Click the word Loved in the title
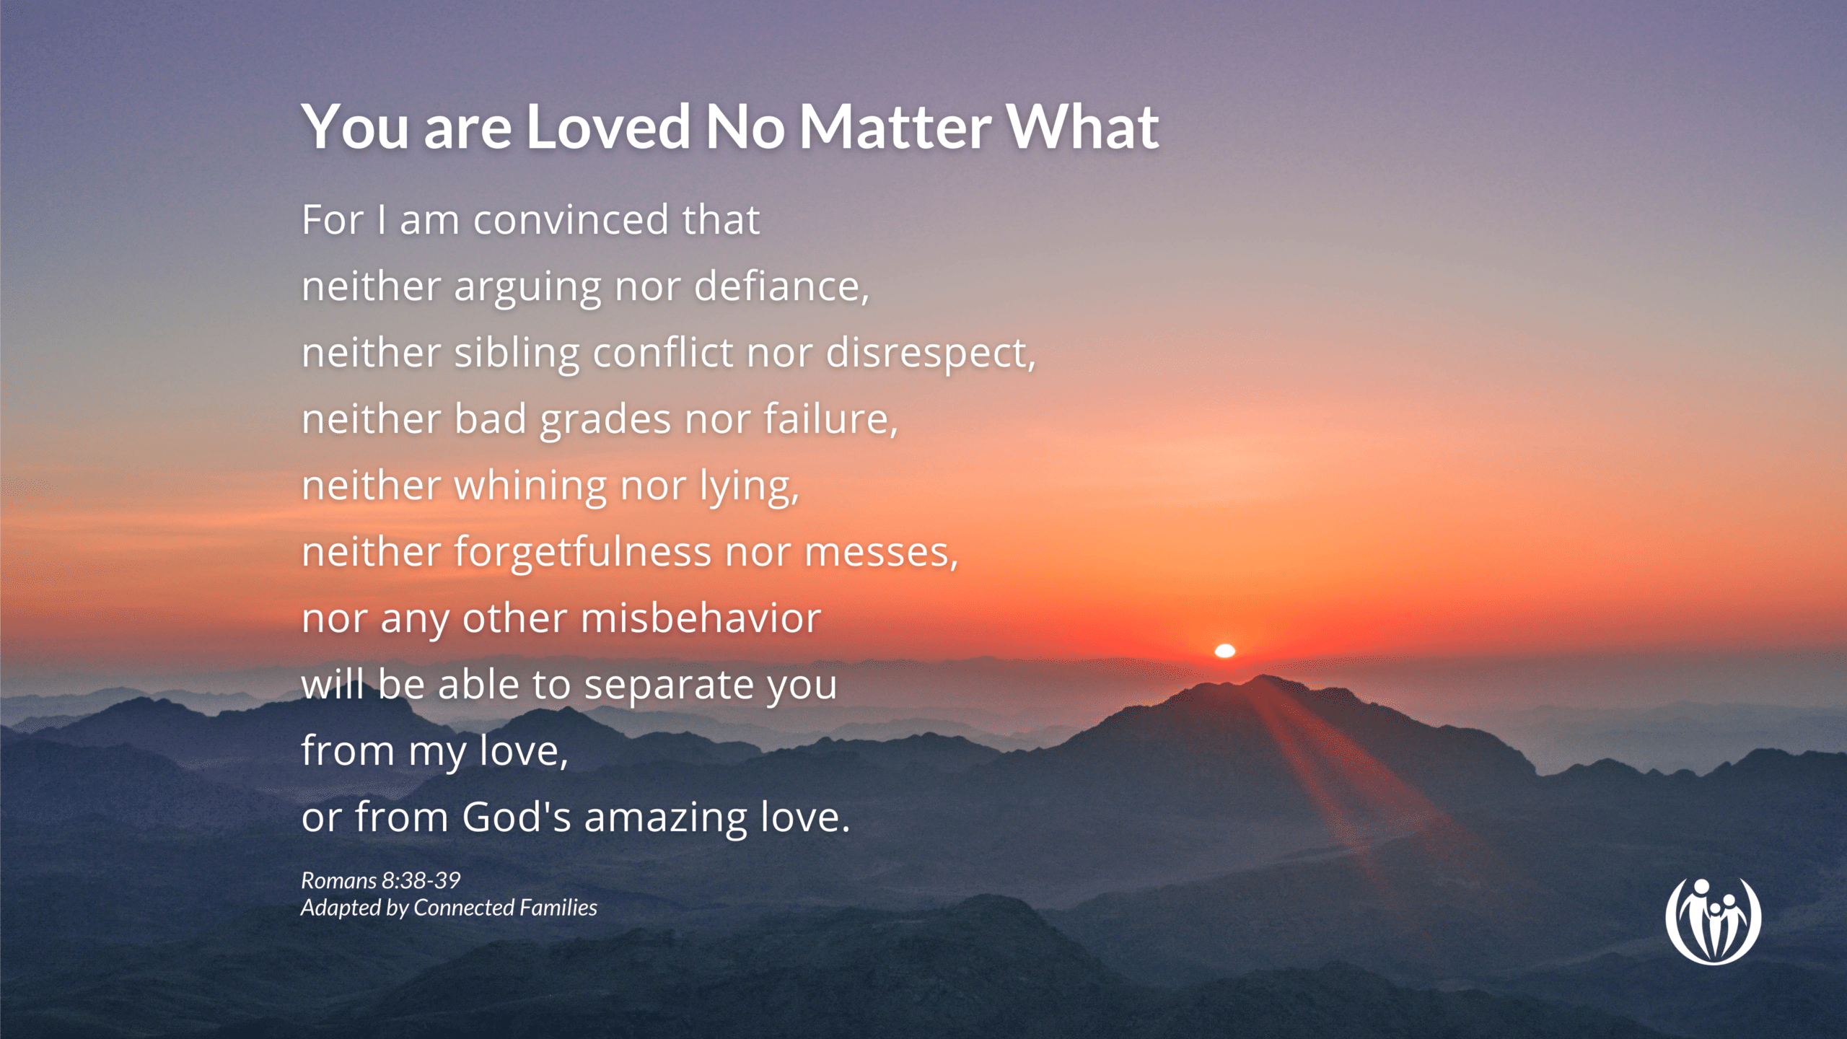click(607, 127)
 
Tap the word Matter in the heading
click(895, 127)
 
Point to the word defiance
click(781, 286)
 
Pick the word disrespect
click(929, 353)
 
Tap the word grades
click(605, 419)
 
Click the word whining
click(530, 486)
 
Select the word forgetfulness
click(582, 552)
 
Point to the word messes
click(880, 553)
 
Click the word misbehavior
click(701, 618)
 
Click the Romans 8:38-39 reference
click(380, 880)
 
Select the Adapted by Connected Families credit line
click(449, 908)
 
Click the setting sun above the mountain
click(1225, 651)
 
